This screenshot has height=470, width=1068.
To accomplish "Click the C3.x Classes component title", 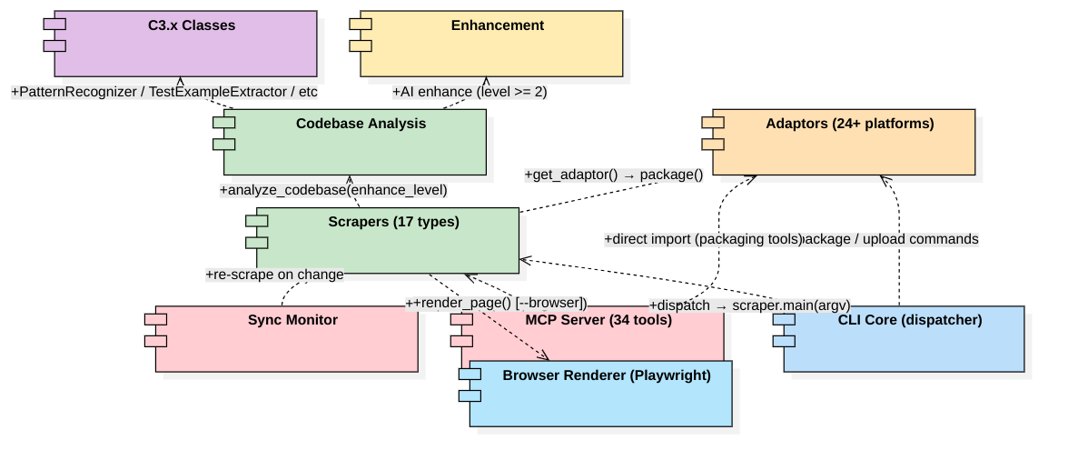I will (x=192, y=25).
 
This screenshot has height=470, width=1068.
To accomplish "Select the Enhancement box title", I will (x=497, y=25).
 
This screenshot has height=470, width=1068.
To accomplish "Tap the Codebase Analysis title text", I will (x=361, y=124).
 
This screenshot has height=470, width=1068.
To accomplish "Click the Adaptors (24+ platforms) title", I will (x=849, y=124).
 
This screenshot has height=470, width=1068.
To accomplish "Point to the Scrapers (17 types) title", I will (x=393, y=222).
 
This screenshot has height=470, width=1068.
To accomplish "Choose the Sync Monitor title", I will (x=292, y=320).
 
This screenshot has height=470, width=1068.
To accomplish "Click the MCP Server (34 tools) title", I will (x=598, y=320).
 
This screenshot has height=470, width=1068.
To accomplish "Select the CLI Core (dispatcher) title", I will (x=909, y=320).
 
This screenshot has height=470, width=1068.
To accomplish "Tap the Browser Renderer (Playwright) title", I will (x=606, y=375).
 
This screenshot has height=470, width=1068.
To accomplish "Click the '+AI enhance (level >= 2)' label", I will (x=470, y=92).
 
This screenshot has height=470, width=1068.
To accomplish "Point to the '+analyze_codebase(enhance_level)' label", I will (x=333, y=190).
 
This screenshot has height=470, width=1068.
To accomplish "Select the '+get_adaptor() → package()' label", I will (x=614, y=175).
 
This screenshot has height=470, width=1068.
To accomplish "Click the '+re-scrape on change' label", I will (x=274, y=275).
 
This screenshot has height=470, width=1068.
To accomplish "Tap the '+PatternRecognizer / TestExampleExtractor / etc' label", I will (x=164, y=92).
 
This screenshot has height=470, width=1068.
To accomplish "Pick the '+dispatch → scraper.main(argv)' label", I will (x=748, y=305).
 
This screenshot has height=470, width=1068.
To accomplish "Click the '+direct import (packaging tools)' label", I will (x=704, y=239).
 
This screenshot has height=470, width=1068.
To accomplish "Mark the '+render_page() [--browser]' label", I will (x=499, y=302).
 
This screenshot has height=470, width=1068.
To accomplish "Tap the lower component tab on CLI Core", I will (x=784, y=341).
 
